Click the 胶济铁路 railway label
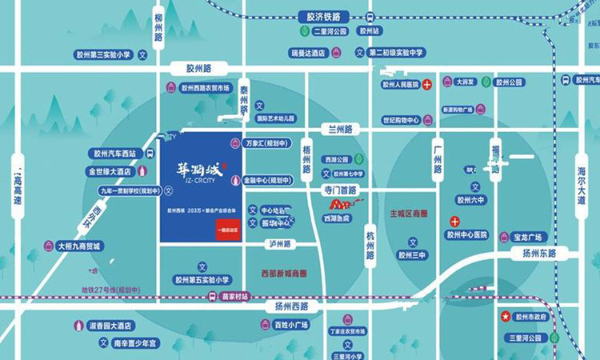(x=323, y=16)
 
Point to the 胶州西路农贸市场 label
(x=205, y=87)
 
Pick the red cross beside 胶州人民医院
(x=427, y=84)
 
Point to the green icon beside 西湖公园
(x=358, y=159)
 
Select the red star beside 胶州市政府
(x=505, y=317)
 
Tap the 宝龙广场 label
(x=528, y=237)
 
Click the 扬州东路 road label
(x=546, y=254)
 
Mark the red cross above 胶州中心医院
(x=454, y=221)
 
